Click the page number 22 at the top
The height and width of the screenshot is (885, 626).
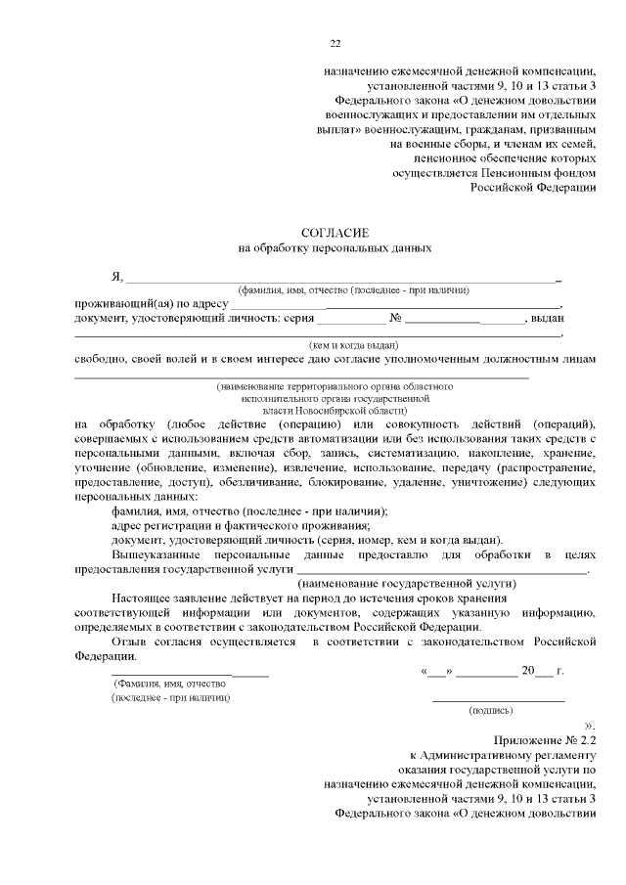(335, 43)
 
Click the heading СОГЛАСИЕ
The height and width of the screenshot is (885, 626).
(335, 232)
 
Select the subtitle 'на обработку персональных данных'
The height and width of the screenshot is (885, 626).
(335, 248)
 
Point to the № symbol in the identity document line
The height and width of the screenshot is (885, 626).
(396, 319)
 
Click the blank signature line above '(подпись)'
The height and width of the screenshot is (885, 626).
(498, 700)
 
